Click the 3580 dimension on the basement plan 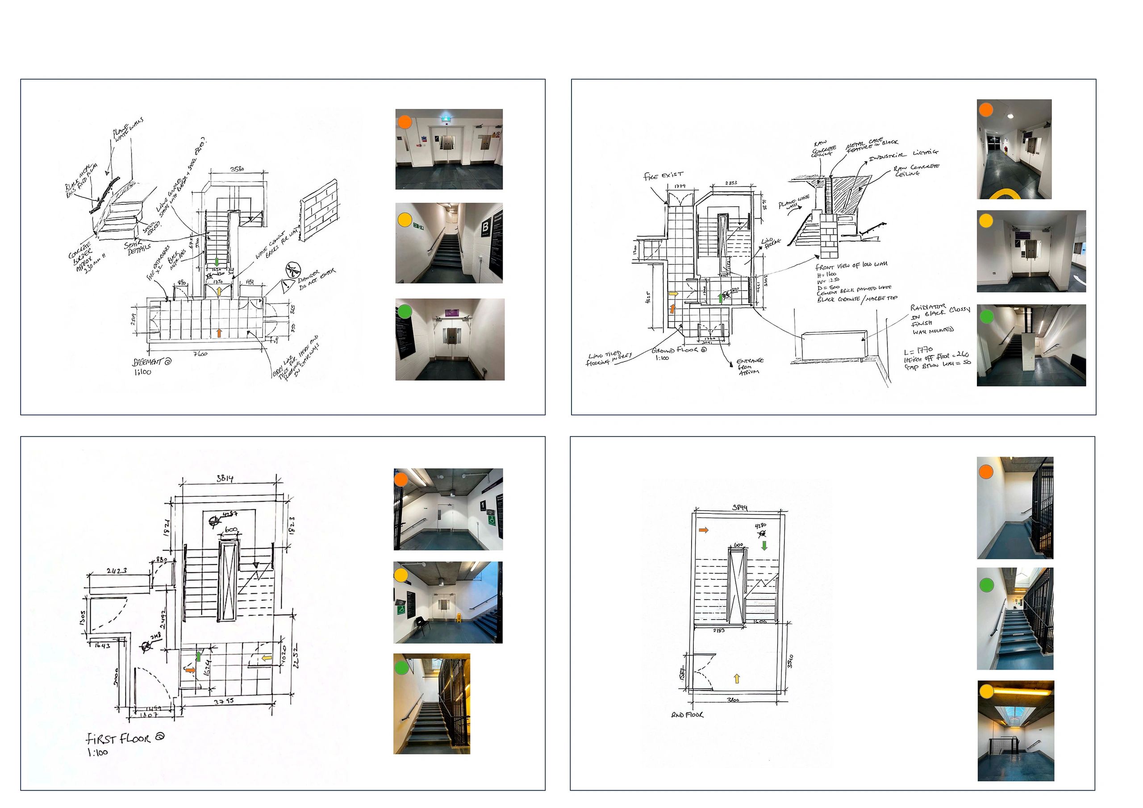237,169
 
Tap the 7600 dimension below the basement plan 200,354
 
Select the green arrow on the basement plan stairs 217,261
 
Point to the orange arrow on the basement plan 218,333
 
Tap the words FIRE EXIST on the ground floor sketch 663,176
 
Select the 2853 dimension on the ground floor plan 731,183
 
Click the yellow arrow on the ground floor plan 673,294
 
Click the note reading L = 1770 918,350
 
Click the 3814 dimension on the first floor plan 225,479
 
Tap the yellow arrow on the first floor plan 267,658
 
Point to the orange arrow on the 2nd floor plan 703,530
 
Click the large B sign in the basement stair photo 485,228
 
